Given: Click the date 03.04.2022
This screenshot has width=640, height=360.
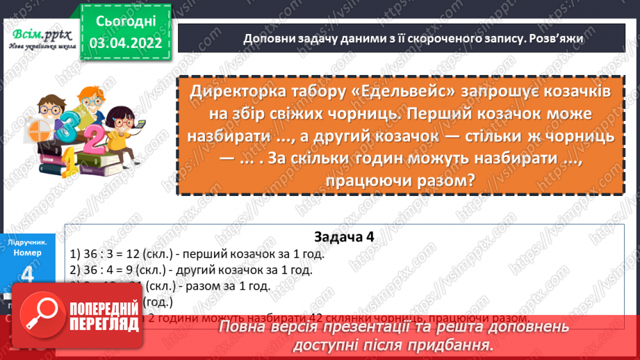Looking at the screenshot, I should pyautogui.click(x=126, y=43).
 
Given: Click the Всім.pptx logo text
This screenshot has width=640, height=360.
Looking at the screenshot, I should pyautogui.click(x=38, y=35).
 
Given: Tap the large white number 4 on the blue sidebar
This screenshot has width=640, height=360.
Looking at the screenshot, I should pyautogui.click(x=28, y=277).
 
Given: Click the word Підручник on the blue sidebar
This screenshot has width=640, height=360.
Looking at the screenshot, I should pyautogui.click(x=28, y=243).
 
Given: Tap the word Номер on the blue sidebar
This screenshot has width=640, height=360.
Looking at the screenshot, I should pyautogui.click(x=28, y=253).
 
